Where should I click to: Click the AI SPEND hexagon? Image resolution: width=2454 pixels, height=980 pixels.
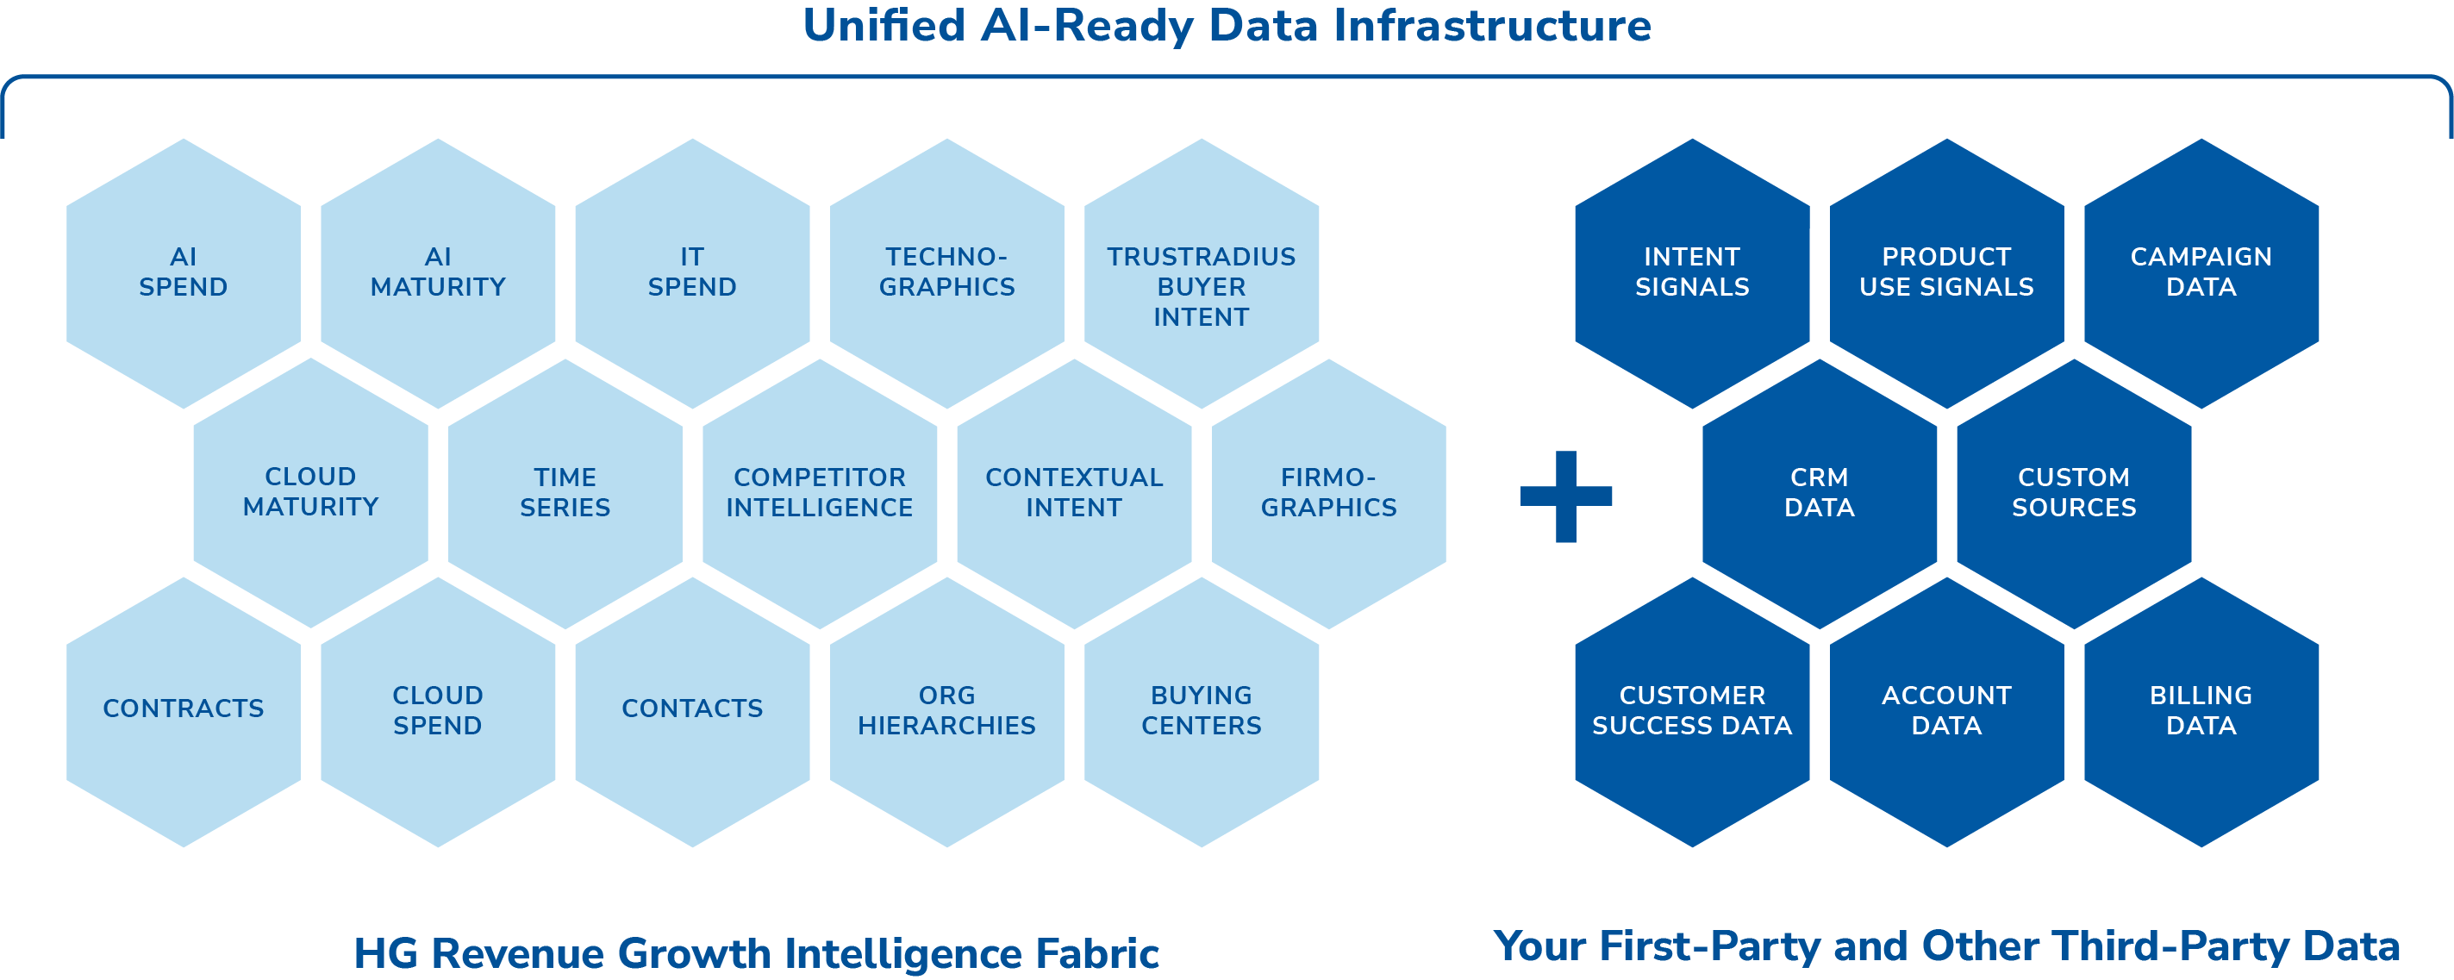[184, 272]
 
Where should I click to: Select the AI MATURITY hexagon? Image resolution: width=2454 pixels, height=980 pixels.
[438, 272]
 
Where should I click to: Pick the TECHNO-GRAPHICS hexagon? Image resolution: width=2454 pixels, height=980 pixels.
[947, 272]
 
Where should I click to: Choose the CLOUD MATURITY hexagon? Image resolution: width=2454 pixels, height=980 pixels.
[310, 492]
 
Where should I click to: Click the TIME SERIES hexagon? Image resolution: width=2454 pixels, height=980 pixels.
[565, 492]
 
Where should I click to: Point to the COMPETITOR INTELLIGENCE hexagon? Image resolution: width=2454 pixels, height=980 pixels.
[819, 492]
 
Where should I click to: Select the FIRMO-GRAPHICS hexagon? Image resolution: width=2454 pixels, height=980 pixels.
[1329, 492]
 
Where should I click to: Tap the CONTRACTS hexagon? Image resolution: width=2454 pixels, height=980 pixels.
[184, 710]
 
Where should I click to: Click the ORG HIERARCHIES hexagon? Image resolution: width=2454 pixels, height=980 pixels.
[947, 710]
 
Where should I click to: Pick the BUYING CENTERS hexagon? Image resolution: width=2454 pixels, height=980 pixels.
[1202, 710]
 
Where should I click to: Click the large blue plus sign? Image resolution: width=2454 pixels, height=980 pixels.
[1566, 496]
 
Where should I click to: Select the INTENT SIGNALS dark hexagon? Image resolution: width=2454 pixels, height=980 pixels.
[1692, 272]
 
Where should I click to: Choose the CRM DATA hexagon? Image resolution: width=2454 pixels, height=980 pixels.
[1820, 492]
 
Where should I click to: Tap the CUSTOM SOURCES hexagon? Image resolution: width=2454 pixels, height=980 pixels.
[2074, 492]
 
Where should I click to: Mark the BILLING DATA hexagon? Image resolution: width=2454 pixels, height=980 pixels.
[2201, 710]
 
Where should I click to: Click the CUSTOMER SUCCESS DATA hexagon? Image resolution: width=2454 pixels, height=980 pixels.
[1692, 710]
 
